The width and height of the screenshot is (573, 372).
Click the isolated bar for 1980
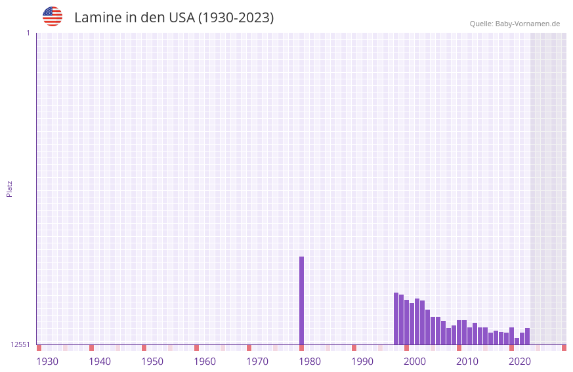click(x=301, y=300)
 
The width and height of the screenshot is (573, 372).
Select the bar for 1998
click(x=396, y=318)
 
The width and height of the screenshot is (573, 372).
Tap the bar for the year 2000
click(x=406, y=322)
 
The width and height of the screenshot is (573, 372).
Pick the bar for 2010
click(x=459, y=332)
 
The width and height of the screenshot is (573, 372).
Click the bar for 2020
click(x=511, y=336)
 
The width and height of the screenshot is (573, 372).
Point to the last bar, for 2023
click(x=527, y=336)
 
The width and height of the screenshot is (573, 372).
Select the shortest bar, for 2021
click(x=517, y=341)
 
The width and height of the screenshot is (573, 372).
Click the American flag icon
click(x=53, y=17)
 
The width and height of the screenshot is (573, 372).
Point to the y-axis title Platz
click(x=9, y=188)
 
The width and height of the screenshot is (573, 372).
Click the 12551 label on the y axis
click(x=20, y=344)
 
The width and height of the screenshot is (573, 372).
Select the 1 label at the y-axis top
click(x=28, y=33)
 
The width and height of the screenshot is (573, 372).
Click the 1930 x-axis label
click(x=47, y=362)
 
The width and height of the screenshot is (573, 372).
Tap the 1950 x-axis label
click(x=152, y=362)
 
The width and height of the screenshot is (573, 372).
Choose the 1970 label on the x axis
click(x=257, y=362)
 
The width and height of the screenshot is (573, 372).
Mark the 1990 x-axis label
click(x=362, y=362)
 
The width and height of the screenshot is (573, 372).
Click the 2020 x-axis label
click(x=520, y=362)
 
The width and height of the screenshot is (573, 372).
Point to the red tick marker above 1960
click(x=196, y=348)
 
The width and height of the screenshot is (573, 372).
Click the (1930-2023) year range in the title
click(x=236, y=18)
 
